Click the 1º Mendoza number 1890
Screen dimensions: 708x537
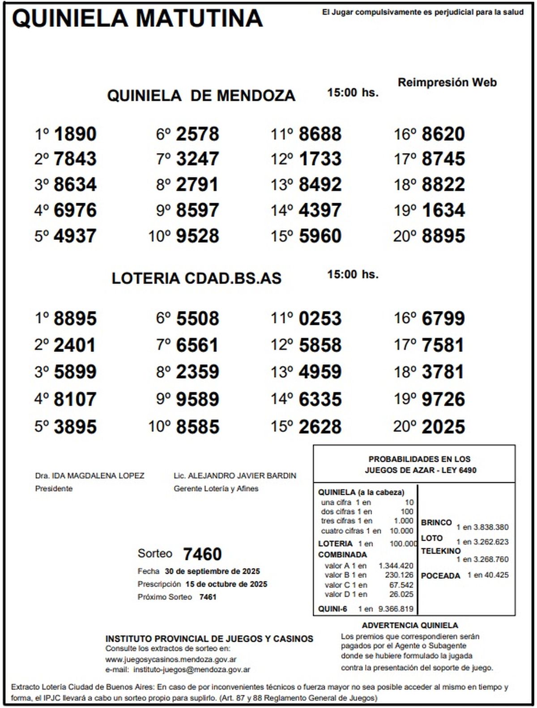coord(75,134)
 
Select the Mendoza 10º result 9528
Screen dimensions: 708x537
coord(197,236)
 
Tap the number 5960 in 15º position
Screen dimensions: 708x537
coord(320,236)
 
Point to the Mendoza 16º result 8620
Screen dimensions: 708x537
coord(443,134)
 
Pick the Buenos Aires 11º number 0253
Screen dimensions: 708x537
coord(320,319)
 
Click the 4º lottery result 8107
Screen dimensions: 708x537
coord(75,399)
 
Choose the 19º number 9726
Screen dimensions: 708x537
coord(443,399)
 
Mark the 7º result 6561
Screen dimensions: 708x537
coord(197,345)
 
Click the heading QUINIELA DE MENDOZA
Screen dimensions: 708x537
coord(201,95)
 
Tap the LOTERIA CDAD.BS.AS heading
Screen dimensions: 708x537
coord(196,278)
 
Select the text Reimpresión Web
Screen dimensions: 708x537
coord(447,82)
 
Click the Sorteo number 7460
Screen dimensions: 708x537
coord(202,554)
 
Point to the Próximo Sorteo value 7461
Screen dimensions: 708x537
coord(208,597)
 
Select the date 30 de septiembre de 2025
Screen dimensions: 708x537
coord(212,572)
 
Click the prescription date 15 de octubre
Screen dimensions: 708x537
coord(226,584)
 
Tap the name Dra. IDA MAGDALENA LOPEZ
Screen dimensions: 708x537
coord(89,476)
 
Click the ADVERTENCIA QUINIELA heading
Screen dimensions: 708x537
coord(410,625)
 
